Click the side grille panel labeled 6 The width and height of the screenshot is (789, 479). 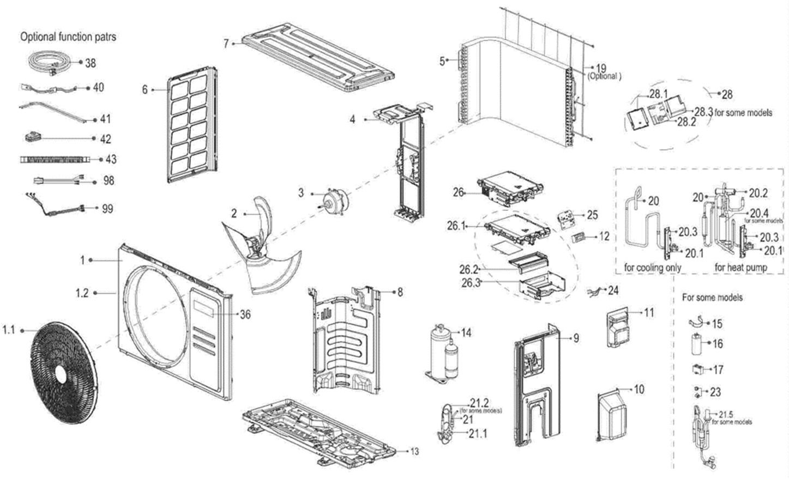(x=189, y=125)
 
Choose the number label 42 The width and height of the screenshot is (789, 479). (x=105, y=140)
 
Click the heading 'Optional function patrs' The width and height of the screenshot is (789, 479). (x=68, y=37)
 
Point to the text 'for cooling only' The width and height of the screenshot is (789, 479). (x=652, y=268)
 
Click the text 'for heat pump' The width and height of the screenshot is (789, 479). (x=740, y=268)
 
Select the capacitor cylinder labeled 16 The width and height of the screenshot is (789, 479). (x=697, y=344)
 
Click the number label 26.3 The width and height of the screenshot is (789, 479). (x=471, y=282)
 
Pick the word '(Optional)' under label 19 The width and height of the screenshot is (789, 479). (x=604, y=77)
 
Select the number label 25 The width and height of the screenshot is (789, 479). (x=593, y=215)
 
